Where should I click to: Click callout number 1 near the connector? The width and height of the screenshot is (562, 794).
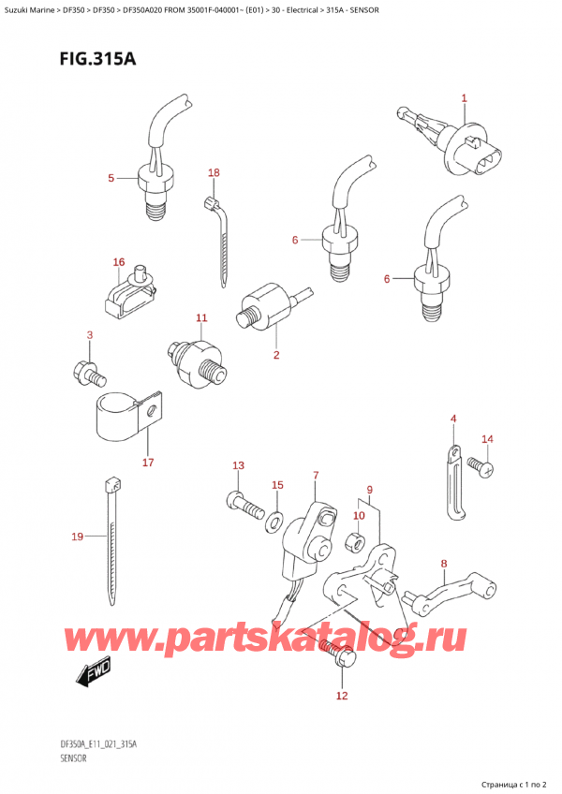click(x=464, y=98)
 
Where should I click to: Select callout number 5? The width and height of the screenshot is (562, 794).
click(x=111, y=177)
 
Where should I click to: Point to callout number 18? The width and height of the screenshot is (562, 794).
click(x=214, y=173)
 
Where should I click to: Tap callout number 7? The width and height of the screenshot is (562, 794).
click(x=316, y=476)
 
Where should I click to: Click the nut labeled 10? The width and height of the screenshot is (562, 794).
click(x=356, y=540)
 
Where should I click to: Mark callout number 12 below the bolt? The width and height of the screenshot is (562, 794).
click(x=341, y=695)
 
